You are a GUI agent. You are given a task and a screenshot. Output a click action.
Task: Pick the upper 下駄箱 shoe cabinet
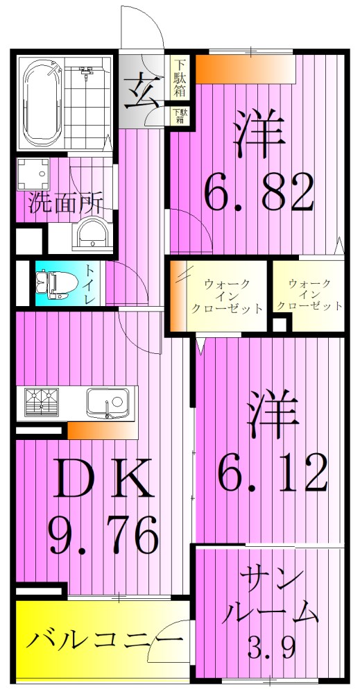(x=180, y=78)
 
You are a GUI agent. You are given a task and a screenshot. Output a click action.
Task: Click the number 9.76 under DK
(x=103, y=531)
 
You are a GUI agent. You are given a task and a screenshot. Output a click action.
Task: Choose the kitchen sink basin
(x=108, y=401)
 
